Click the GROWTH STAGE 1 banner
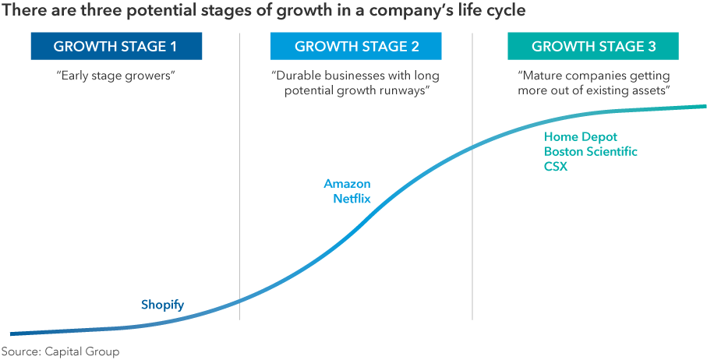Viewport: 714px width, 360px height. click(115, 47)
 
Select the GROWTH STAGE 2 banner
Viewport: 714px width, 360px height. click(356, 47)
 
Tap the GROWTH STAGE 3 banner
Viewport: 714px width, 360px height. click(593, 47)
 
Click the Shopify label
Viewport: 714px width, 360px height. click(162, 305)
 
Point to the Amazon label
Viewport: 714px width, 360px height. click(347, 184)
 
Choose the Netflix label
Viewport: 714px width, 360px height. click(352, 199)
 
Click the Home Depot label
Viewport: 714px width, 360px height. click(580, 137)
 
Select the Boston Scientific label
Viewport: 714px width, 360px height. click(590, 152)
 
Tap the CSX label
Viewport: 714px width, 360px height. click(556, 167)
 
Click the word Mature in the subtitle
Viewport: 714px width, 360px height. click(543, 76)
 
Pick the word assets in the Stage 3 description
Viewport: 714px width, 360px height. click(653, 90)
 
